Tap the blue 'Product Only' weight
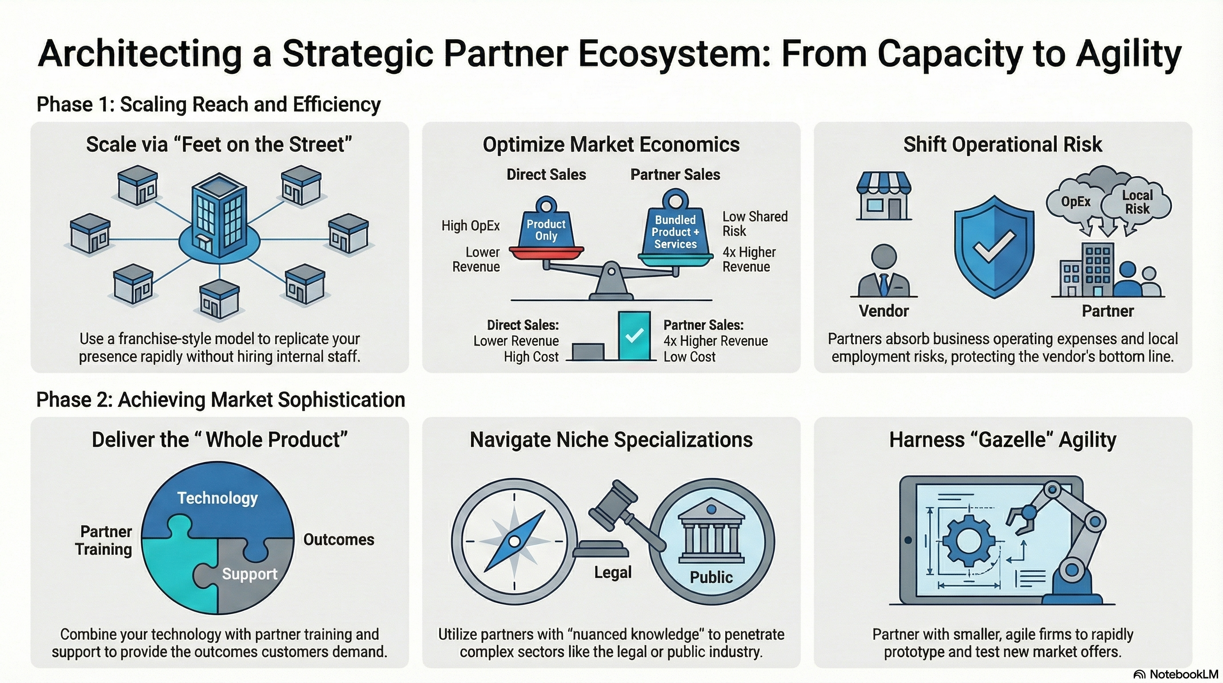click(x=546, y=228)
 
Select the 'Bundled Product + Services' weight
click(x=675, y=231)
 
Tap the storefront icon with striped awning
click(x=883, y=196)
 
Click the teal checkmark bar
click(x=634, y=335)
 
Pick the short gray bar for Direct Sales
click(x=588, y=351)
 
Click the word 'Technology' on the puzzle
click(x=217, y=498)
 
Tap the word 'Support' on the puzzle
click(x=250, y=574)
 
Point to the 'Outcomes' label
click(x=339, y=539)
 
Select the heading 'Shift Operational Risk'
click(x=1003, y=145)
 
